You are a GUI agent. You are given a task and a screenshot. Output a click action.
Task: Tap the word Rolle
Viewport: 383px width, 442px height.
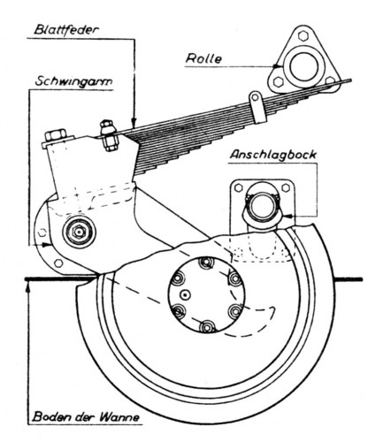click(x=204, y=59)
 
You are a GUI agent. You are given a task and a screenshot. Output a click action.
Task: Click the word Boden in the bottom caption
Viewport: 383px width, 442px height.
click(x=50, y=416)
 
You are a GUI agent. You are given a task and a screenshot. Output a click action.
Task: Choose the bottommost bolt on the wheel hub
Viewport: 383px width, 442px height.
click(x=206, y=329)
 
